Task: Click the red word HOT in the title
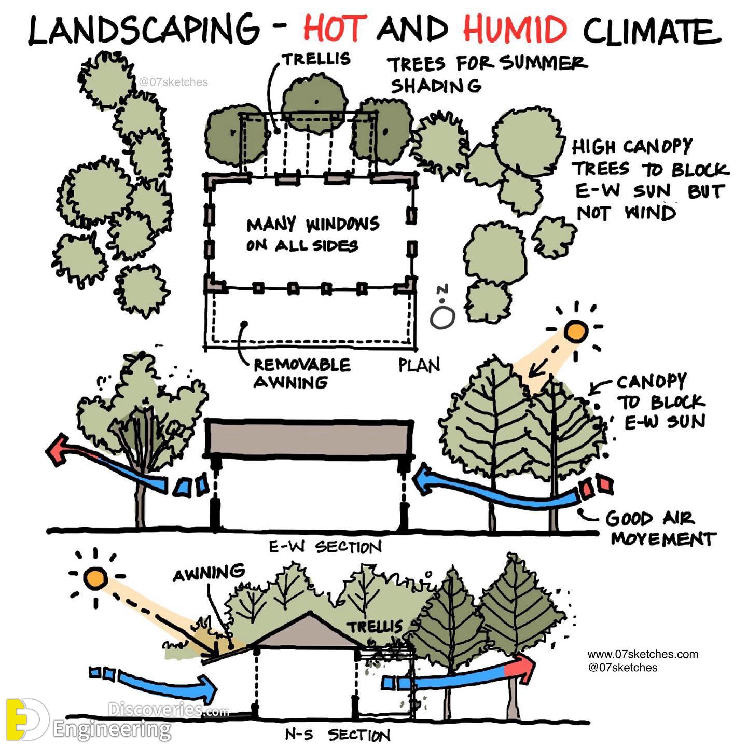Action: [335, 29]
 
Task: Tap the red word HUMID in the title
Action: [515, 29]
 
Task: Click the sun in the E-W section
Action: [576, 331]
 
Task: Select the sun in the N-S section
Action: [95, 577]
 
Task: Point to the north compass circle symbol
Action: [442, 317]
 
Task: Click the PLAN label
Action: [419, 365]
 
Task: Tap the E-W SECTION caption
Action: [325, 547]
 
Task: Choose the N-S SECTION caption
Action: [337, 735]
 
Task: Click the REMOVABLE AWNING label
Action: [302, 373]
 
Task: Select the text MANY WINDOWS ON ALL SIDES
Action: [312, 234]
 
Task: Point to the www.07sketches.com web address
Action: [643, 654]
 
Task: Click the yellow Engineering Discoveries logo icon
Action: [27, 719]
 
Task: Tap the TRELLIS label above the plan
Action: [316, 59]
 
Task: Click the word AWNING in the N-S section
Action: [209, 573]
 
